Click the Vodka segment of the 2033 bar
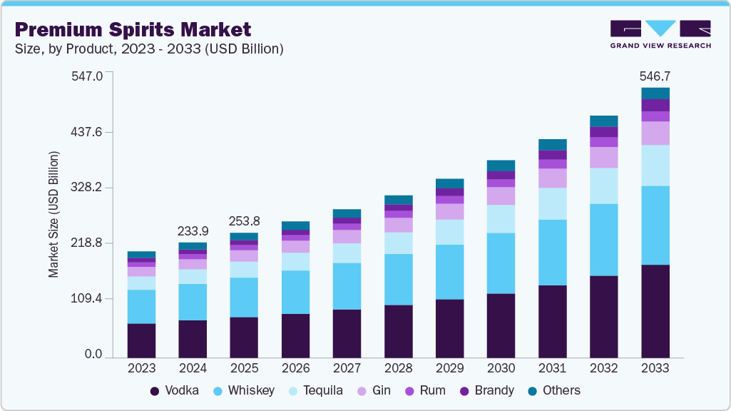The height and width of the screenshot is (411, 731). coord(655,311)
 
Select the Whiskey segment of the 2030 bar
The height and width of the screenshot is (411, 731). coord(501,263)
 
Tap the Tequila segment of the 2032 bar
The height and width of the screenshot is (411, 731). coord(603,186)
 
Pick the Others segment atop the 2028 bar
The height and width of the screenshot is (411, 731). coord(398,200)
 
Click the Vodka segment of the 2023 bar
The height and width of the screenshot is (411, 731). coord(141,340)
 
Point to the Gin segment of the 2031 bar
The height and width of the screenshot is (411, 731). coord(552,178)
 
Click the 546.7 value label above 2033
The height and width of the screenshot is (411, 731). coord(655,76)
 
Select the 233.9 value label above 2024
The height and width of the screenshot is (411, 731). coord(193,231)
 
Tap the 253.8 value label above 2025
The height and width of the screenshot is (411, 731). coord(244,222)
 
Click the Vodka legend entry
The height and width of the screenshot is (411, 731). coord(174,390)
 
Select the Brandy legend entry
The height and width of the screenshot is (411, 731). coord(487,390)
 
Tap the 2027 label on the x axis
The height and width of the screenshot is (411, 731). coord(347,368)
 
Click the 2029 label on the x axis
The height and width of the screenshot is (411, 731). coord(449,368)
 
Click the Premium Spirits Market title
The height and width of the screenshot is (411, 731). coord(133,29)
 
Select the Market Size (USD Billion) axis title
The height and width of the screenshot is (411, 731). coord(53,214)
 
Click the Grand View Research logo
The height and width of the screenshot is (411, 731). coord(660,34)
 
